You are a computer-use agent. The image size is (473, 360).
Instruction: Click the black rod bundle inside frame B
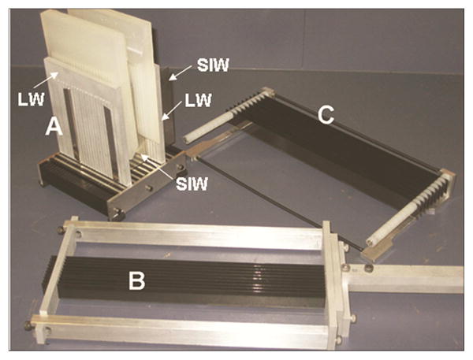[189, 272]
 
